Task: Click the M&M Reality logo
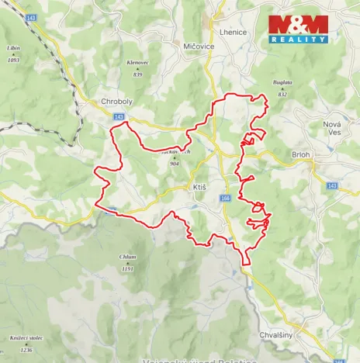point(298,29)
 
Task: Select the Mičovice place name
point(199,47)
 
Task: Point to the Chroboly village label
point(117,102)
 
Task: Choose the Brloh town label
point(300,154)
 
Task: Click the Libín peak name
point(13,48)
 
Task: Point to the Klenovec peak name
point(137,63)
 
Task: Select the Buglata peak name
point(282,82)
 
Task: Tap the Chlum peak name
point(128,257)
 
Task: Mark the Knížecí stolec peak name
point(25,338)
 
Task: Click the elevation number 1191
point(128,268)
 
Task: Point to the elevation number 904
point(175,164)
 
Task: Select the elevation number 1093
point(13,59)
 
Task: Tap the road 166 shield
point(225,199)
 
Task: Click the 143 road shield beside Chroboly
point(118,116)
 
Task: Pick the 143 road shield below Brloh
point(332,186)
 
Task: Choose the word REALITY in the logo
point(298,39)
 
